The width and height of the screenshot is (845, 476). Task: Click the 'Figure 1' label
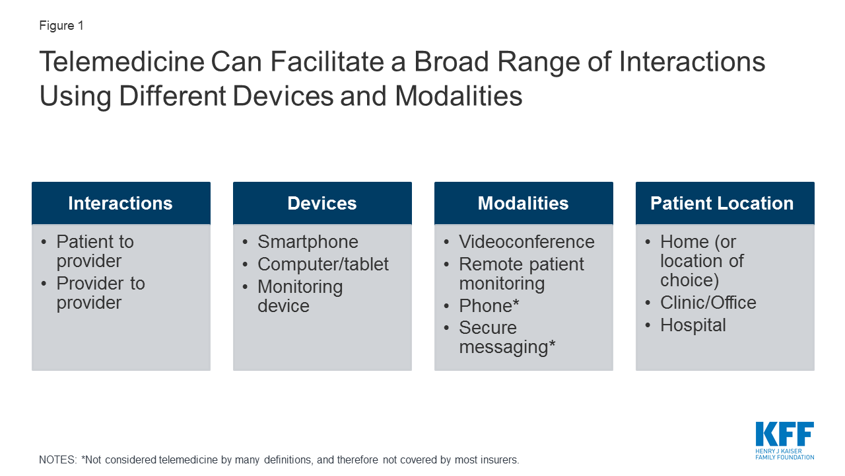pos(61,26)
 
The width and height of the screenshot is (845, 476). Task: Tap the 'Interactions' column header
pos(120,203)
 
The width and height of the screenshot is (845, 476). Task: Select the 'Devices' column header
pos(322,203)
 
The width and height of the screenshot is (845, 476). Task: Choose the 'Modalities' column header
pos(523,203)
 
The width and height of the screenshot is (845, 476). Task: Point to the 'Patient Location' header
pos(722,203)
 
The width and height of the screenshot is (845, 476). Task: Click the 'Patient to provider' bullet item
pos(95,251)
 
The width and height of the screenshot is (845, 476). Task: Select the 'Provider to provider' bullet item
pos(100,293)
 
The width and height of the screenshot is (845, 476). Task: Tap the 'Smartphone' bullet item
pos(308,242)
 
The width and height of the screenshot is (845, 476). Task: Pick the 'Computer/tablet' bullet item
pos(323,264)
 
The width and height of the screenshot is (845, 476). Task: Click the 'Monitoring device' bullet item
pos(300,296)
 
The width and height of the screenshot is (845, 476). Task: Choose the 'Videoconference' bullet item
pos(526,242)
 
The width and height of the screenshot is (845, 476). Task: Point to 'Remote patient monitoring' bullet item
pos(521,274)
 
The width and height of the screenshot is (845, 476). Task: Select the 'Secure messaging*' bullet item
pos(506,337)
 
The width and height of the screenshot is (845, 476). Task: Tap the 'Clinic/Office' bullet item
pos(708,303)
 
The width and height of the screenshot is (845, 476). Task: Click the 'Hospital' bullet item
pos(693,325)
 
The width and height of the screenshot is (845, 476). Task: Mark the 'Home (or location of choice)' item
pos(701,261)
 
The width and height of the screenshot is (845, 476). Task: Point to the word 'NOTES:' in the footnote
pos(57,459)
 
